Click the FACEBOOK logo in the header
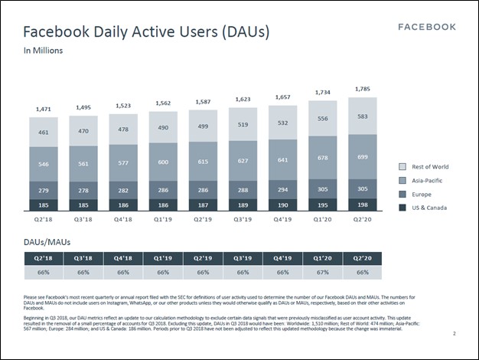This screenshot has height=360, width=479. (x=427, y=27)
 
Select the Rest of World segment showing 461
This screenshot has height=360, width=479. (x=44, y=132)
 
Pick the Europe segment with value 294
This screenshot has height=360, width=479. (x=282, y=189)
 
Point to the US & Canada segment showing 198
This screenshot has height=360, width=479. (x=363, y=205)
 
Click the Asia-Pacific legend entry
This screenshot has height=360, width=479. (x=425, y=180)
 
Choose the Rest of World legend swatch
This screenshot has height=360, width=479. (x=403, y=166)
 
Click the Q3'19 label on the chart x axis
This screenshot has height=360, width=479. (x=243, y=218)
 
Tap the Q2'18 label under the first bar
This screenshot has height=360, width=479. (x=44, y=218)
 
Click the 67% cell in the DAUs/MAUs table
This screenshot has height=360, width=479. (x=322, y=272)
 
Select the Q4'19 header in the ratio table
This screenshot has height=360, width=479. (x=282, y=258)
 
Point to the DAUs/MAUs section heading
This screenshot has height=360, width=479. (x=51, y=241)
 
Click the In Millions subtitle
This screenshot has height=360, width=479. (x=43, y=51)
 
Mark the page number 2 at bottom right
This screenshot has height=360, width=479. (x=454, y=333)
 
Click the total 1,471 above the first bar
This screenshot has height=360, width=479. (x=44, y=110)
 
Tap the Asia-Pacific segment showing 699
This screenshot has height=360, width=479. (x=363, y=156)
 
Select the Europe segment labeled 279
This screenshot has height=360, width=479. (x=44, y=190)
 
